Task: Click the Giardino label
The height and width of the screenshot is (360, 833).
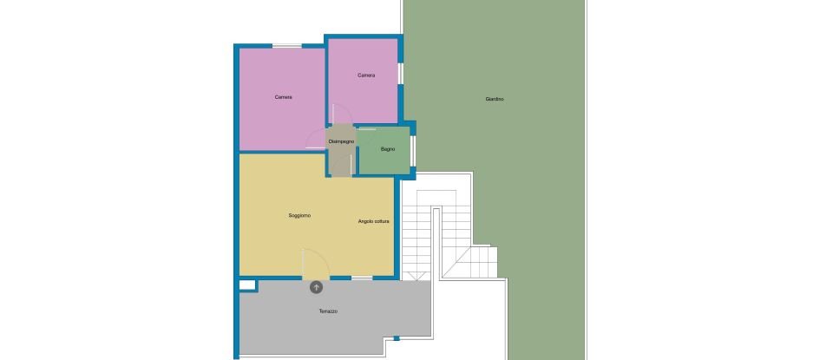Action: [495, 100]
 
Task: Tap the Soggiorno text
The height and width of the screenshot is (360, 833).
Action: [299, 215]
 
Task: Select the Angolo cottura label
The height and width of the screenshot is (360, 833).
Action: [374, 222]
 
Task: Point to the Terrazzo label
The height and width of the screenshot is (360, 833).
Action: [327, 311]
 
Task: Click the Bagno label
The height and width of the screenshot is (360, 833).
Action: [388, 150]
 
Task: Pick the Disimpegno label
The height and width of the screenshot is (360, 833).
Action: [341, 141]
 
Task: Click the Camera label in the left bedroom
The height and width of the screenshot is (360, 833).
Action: [283, 97]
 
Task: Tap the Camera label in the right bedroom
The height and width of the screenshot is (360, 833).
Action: [366, 75]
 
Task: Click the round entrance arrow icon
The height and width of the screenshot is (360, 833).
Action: [316, 287]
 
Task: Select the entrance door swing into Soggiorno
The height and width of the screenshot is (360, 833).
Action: [314, 262]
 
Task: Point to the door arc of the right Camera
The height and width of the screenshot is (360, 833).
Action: [342, 114]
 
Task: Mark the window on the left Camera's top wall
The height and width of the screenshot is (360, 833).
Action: [284, 46]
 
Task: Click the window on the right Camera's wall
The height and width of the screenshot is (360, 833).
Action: [400, 74]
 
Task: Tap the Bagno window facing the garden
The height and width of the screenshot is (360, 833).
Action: [413, 150]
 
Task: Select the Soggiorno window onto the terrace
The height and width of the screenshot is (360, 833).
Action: [361, 278]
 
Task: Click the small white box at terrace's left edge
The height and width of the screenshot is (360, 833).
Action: [246, 284]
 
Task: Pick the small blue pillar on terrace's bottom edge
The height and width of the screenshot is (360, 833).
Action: [390, 337]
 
